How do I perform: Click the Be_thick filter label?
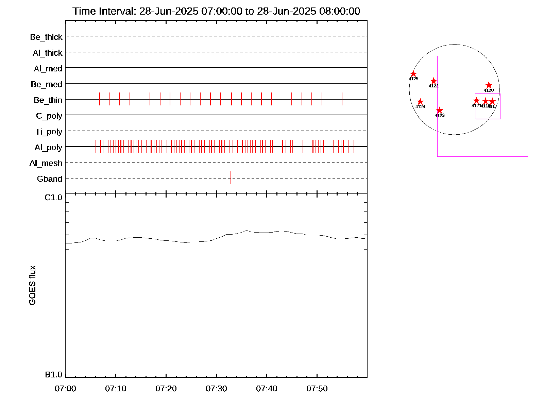46,37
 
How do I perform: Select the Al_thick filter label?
48,53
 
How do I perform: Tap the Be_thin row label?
48,100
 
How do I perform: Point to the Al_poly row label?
48,148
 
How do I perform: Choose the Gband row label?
50,179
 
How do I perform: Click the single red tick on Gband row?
231,178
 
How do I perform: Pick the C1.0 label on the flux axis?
54,198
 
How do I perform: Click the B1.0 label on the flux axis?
54,375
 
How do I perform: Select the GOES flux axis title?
33,286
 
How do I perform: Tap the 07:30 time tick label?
216,389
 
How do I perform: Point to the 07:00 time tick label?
65,389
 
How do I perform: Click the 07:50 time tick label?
317,389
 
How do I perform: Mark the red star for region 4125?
413,74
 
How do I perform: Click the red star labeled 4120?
489,85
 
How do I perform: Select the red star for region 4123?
440,110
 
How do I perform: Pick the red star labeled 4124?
420,102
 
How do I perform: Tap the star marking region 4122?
434,81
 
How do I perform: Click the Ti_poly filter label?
49,132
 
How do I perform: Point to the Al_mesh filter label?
46,164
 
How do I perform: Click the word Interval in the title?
118,11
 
